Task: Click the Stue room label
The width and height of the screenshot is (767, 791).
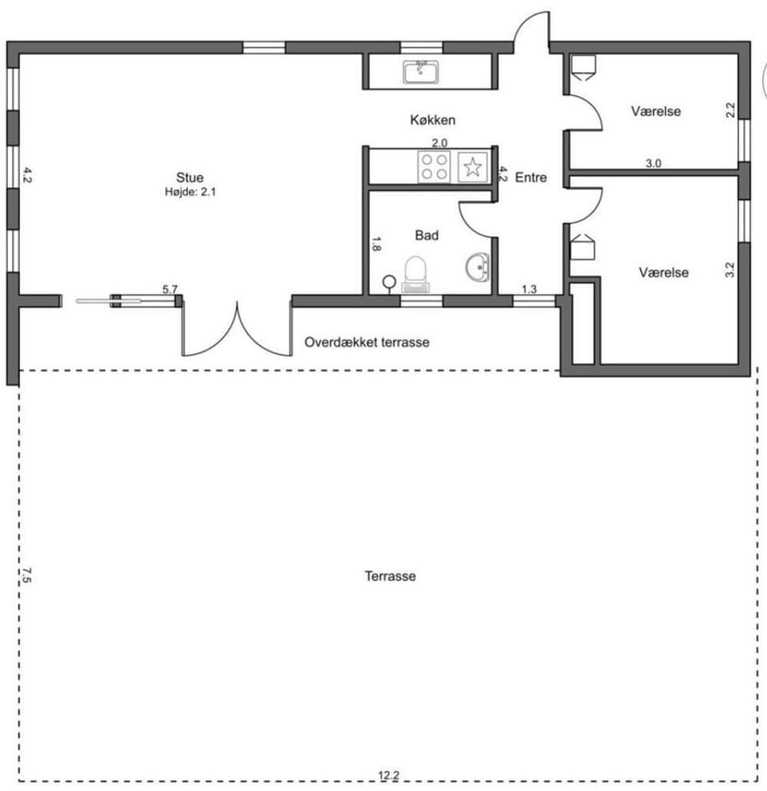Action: [x=189, y=177]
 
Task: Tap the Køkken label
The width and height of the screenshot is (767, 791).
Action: [x=432, y=120]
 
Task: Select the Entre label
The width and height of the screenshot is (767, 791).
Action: [x=531, y=177]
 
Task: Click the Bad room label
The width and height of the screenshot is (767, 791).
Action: [x=427, y=235]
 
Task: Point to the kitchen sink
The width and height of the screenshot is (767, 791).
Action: [x=420, y=72]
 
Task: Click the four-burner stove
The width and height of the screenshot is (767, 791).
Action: [x=434, y=166]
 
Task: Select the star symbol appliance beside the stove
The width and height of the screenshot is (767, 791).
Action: [x=472, y=167]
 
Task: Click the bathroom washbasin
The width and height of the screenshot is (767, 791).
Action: [x=477, y=268]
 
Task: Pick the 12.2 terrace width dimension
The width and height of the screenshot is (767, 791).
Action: [x=388, y=775]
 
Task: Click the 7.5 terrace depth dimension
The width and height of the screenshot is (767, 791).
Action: [x=26, y=575]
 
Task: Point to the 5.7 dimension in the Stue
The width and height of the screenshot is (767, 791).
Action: [x=170, y=289]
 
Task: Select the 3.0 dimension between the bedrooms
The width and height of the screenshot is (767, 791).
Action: [x=653, y=163]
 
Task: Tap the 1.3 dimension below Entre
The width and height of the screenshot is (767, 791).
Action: [x=529, y=289]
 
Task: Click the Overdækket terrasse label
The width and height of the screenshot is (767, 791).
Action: [x=367, y=342]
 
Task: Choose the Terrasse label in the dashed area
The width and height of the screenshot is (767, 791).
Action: [x=390, y=575]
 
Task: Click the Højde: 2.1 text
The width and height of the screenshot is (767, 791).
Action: [x=190, y=192]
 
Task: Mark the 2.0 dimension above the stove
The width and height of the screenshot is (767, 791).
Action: [x=439, y=143]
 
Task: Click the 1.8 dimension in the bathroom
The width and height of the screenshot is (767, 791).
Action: [x=376, y=244]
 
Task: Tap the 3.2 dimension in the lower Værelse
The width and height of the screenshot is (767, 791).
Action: [x=729, y=269]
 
